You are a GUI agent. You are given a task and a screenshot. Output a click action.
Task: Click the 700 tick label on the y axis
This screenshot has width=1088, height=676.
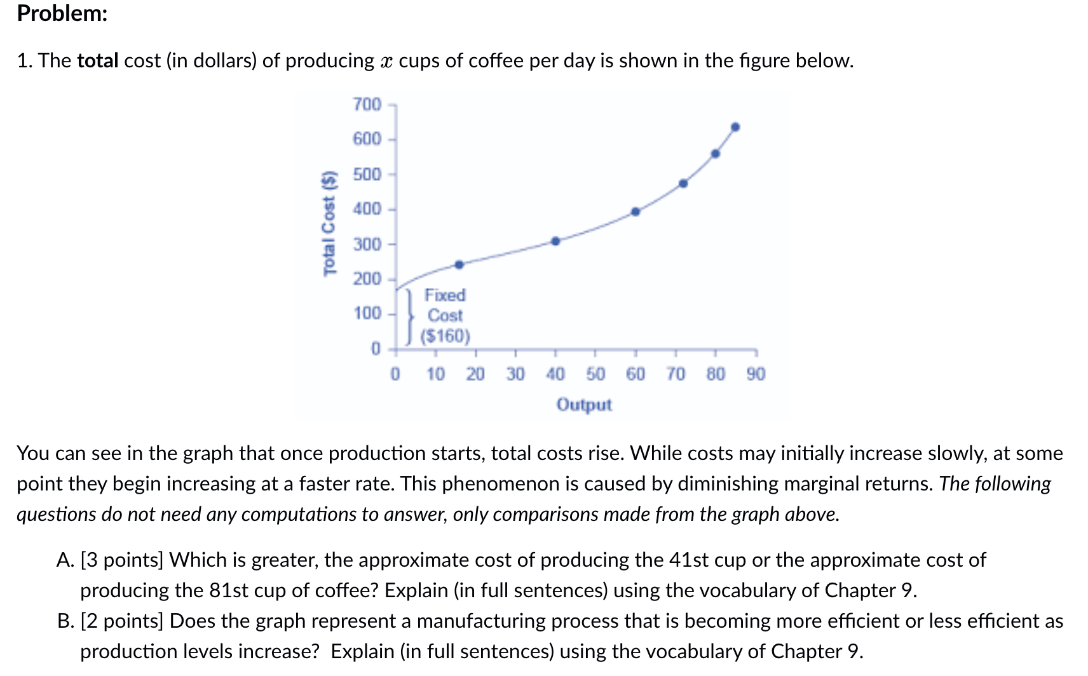367,104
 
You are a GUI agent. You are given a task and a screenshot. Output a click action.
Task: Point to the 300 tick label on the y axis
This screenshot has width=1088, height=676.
367,244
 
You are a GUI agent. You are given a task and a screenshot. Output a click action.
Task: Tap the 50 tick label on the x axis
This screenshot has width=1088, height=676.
595,374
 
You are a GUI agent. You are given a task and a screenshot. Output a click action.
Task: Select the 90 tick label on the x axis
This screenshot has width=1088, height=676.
756,374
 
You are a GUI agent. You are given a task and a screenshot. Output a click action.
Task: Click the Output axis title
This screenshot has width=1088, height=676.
584,405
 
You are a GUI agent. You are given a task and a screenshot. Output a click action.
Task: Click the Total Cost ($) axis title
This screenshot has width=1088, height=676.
329,224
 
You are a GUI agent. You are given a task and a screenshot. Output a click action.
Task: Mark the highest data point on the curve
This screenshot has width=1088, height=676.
735,127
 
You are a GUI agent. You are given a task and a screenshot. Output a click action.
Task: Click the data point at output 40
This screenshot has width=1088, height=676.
555,241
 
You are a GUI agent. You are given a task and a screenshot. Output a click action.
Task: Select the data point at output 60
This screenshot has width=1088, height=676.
636,212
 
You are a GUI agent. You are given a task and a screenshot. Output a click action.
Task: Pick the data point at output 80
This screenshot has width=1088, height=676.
715,153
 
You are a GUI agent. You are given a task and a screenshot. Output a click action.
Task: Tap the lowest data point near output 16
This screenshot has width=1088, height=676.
459,264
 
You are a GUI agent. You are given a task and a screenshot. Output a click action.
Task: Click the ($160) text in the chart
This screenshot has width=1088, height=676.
445,335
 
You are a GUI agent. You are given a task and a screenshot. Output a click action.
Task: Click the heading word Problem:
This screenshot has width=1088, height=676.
62,13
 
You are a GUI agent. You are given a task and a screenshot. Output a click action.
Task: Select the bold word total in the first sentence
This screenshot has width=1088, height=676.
98,60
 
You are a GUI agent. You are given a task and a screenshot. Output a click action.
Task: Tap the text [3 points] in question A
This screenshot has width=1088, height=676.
122,560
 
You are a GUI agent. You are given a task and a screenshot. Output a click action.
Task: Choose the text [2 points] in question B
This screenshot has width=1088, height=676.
122,621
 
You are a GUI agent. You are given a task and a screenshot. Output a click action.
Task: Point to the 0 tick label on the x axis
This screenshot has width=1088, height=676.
395,374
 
